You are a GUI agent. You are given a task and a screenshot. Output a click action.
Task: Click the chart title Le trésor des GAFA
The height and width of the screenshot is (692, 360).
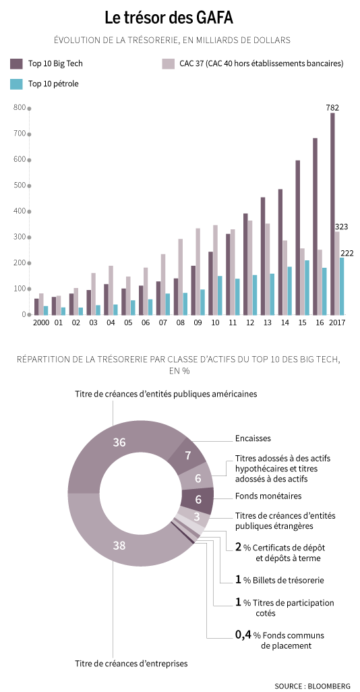click(x=169, y=18)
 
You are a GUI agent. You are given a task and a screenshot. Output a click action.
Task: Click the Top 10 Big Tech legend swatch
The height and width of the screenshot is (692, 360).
click(x=16, y=63)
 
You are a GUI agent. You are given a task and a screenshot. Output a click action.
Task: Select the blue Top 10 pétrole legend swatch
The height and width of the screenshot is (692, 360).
click(x=16, y=84)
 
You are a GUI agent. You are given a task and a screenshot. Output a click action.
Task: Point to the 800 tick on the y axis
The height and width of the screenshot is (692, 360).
click(x=30, y=108)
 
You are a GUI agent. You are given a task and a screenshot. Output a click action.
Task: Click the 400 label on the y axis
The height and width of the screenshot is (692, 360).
click(x=20, y=211)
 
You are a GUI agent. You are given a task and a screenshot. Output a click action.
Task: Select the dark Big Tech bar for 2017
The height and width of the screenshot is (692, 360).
click(x=332, y=214)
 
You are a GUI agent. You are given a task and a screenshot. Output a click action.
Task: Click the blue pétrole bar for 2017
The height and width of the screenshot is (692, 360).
click(x=342, y=287)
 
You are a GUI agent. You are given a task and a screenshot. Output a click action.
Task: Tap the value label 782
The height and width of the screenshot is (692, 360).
click(x=332, y=107)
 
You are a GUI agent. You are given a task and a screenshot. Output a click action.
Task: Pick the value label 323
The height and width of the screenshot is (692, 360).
click(x=342, y=227)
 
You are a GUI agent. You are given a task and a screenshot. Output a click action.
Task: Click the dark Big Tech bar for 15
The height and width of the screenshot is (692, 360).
click(x=298, y=238)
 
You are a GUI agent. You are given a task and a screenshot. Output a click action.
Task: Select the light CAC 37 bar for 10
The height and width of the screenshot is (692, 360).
click(x=215, y=270)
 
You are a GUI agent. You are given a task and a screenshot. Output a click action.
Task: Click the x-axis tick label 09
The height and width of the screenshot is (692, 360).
click(x=198, y=322)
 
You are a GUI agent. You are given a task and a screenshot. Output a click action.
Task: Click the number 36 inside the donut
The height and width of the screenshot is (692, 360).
click(x=119, y=442)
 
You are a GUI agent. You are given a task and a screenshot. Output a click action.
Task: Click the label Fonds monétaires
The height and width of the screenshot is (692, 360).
click(x=269, y=496)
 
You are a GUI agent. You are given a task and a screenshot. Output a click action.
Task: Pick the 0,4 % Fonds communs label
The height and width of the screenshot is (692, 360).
click(x=280, y=640)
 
